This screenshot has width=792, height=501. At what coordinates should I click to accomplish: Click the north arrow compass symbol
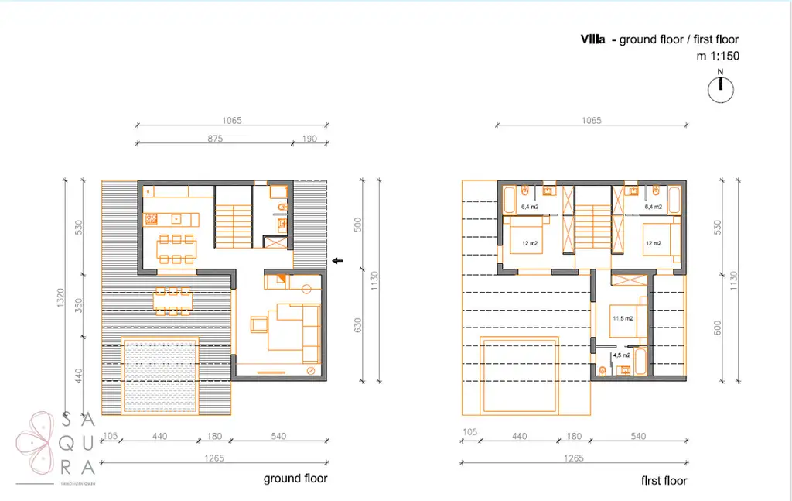[720, 89]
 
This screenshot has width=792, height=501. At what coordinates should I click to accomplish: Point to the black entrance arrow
[337, 261]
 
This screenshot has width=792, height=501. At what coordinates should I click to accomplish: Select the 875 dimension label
[215, 139]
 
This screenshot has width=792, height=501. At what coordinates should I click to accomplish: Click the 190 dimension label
[309, 139]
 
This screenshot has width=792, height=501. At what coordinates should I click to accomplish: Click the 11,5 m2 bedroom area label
[623, 318]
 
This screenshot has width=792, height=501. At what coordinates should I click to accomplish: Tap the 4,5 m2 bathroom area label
[622, 355]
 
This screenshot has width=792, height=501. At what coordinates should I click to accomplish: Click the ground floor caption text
[295, 479]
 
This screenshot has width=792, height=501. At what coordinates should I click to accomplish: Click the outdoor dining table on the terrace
[172, 300]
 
